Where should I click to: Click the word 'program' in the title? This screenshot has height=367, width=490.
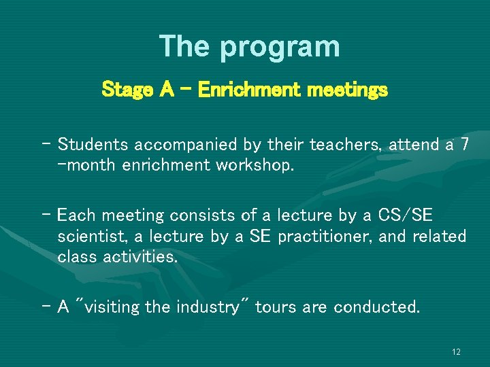pyautogui.click(x=279, y=47)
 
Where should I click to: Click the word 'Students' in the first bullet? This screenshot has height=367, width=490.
pyautogui.click(x=94, y=145)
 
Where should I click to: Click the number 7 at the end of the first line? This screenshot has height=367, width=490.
pyautogui.click(x=465, y=144)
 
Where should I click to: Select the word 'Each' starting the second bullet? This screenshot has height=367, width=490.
pyautogui.click(x=76, y=216)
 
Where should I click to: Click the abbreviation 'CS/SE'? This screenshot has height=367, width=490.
pyautogui.click(x=407, y=216)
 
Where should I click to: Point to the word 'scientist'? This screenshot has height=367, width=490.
pyautogui.click(x=91, y=237)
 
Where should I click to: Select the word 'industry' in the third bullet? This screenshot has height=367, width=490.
pyautogui.click(x=212, y=307)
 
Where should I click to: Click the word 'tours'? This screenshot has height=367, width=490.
pyautogui.click(x=278, y=307)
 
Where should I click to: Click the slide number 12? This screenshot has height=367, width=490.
pyautogui.click(x=456, y=352)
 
